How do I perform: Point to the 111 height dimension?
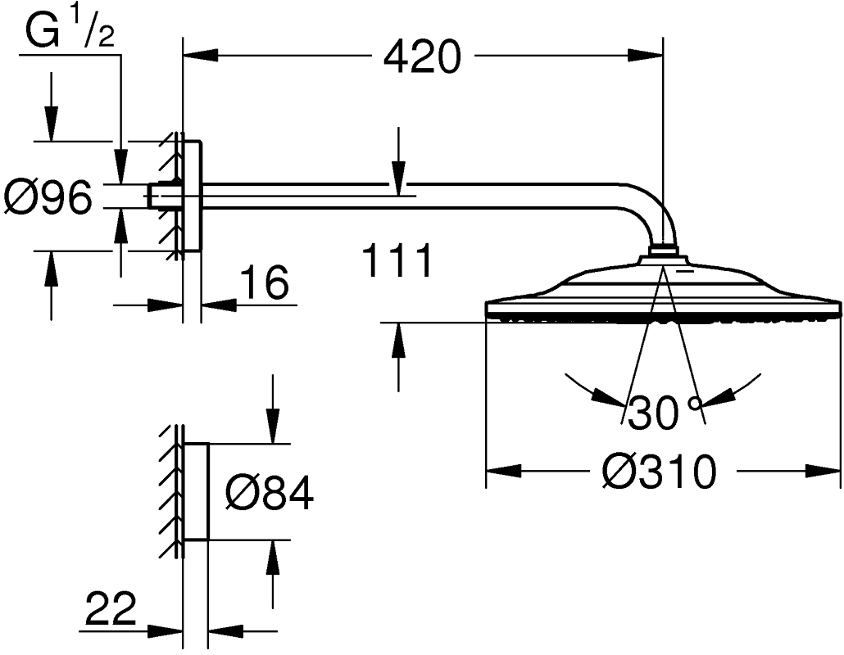pos(397,263)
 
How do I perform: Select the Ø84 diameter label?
pos(270,494)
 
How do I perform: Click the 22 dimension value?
pos(110,610)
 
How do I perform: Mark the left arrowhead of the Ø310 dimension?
pos(504,472)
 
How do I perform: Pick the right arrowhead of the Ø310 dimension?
pos(824,472)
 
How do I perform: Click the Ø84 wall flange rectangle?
pos(196,492)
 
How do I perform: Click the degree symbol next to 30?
pos(696,403)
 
